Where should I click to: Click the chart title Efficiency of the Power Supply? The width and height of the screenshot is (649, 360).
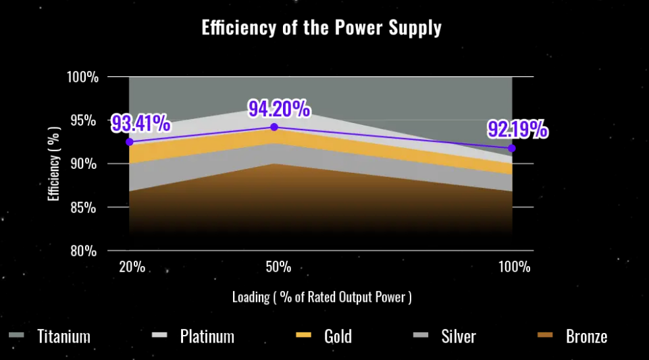pyautogui.click(x=321, y=28)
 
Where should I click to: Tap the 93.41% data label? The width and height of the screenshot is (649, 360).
pyautogui.click(x=140, y=124)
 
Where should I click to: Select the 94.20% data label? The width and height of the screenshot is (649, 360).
pyautogui.click(x=278, y=108)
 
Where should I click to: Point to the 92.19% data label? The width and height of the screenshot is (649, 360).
pyautogui.click(x=518, y=130)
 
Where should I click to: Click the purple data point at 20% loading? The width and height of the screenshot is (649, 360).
pyautogui.click(x=130, y=142)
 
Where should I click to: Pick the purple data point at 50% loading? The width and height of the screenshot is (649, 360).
pyautogui.click(x=274, y=127)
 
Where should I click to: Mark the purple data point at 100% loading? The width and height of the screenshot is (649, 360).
pyautogui.click(x=512, y=148)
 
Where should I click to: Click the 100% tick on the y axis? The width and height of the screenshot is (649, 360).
pyautogui.click(x=82, y=77)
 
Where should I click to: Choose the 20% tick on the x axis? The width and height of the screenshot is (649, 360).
pyautogui.click(x=132, y=267)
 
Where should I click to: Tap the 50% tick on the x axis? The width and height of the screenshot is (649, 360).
pyautogui.click(x=278, y=267)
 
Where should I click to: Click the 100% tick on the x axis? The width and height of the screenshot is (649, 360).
pyautogui.click(x=515, y=267)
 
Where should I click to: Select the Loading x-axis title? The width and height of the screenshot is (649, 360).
pyautogui.click(x=321, y=297)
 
